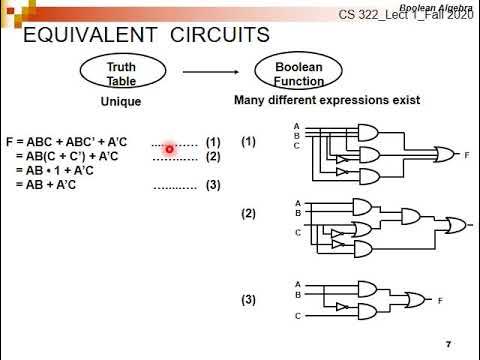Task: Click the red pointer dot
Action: pyautogui.click(x=170, y=149)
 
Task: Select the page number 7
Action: pyautogui.click(x=449, y=344)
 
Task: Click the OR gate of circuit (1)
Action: pyautogui.click(x=440, y=155)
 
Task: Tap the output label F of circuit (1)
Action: pyautogui.click(x=466, y=156)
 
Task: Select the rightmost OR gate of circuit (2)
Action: pyautogui.click(x=454, y=228)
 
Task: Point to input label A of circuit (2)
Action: pyautogui.click(x=297, y=202)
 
